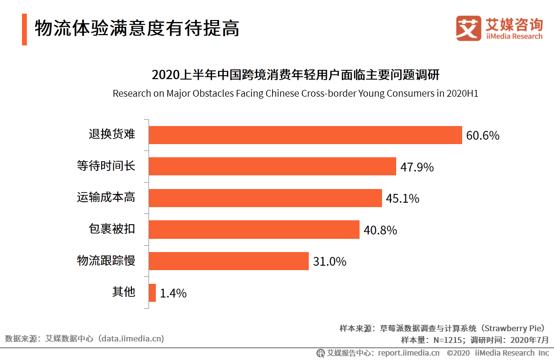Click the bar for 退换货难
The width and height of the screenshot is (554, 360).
[x=305, y=135]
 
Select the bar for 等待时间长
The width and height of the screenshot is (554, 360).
[x=272, y=167]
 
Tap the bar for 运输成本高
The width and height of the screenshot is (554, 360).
[x=265, y=198]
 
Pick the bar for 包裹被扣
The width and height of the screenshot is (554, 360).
[x=254, y=230]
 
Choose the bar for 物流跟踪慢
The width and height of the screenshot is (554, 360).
[x=229, y=261]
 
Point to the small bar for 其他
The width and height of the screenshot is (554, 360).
[x=152, y=293]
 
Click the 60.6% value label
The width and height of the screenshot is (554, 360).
[x=483, y=136]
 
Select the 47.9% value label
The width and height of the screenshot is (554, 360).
[x=417, y=167]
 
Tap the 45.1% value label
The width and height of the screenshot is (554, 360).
[x=403, y=199]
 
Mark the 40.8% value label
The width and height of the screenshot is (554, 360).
[x=380, y=230]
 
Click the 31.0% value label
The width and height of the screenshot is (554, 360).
[x=329, y=262]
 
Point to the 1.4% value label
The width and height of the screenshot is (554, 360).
[x=173, y=294]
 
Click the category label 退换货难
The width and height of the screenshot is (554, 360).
[x=111, y=135]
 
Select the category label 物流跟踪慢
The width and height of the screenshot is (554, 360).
[x=106, y=261]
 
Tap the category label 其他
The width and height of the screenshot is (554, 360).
[x=123, y=292]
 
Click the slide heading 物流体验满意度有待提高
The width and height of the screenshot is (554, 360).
[x=137, y=28]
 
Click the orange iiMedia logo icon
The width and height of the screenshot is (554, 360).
[x=469, y=28]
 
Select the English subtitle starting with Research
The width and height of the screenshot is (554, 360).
[x=295, y=93]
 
